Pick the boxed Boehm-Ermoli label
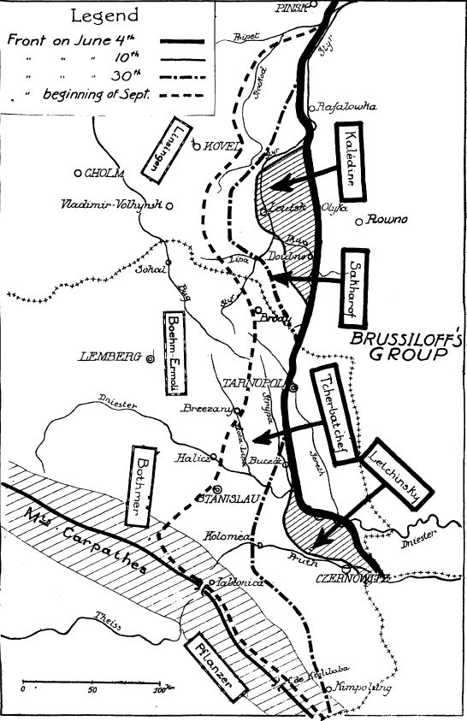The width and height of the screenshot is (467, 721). coord(175,350)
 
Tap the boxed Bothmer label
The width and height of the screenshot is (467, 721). coord(143,487)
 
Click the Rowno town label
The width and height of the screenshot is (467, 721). coord(387,219)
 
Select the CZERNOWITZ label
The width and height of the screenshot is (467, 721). coord(353,578)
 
